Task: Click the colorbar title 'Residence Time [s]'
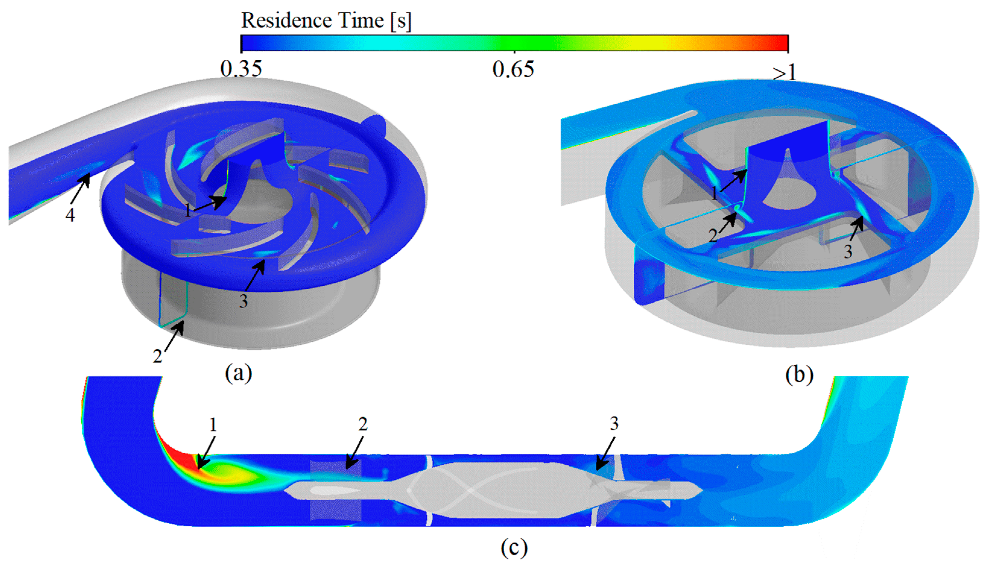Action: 326,20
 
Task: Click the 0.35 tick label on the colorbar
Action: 241,69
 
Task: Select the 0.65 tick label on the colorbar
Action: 513,69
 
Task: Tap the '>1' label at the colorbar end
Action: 784,72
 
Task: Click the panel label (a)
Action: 238,373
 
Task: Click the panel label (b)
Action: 799,375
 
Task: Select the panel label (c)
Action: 514,548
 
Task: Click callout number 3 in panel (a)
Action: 243,301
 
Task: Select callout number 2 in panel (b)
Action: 713,235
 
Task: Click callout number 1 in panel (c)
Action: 213,425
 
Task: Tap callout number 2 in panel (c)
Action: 363,424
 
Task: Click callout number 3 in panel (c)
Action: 614,423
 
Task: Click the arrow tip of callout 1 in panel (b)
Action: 746,171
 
